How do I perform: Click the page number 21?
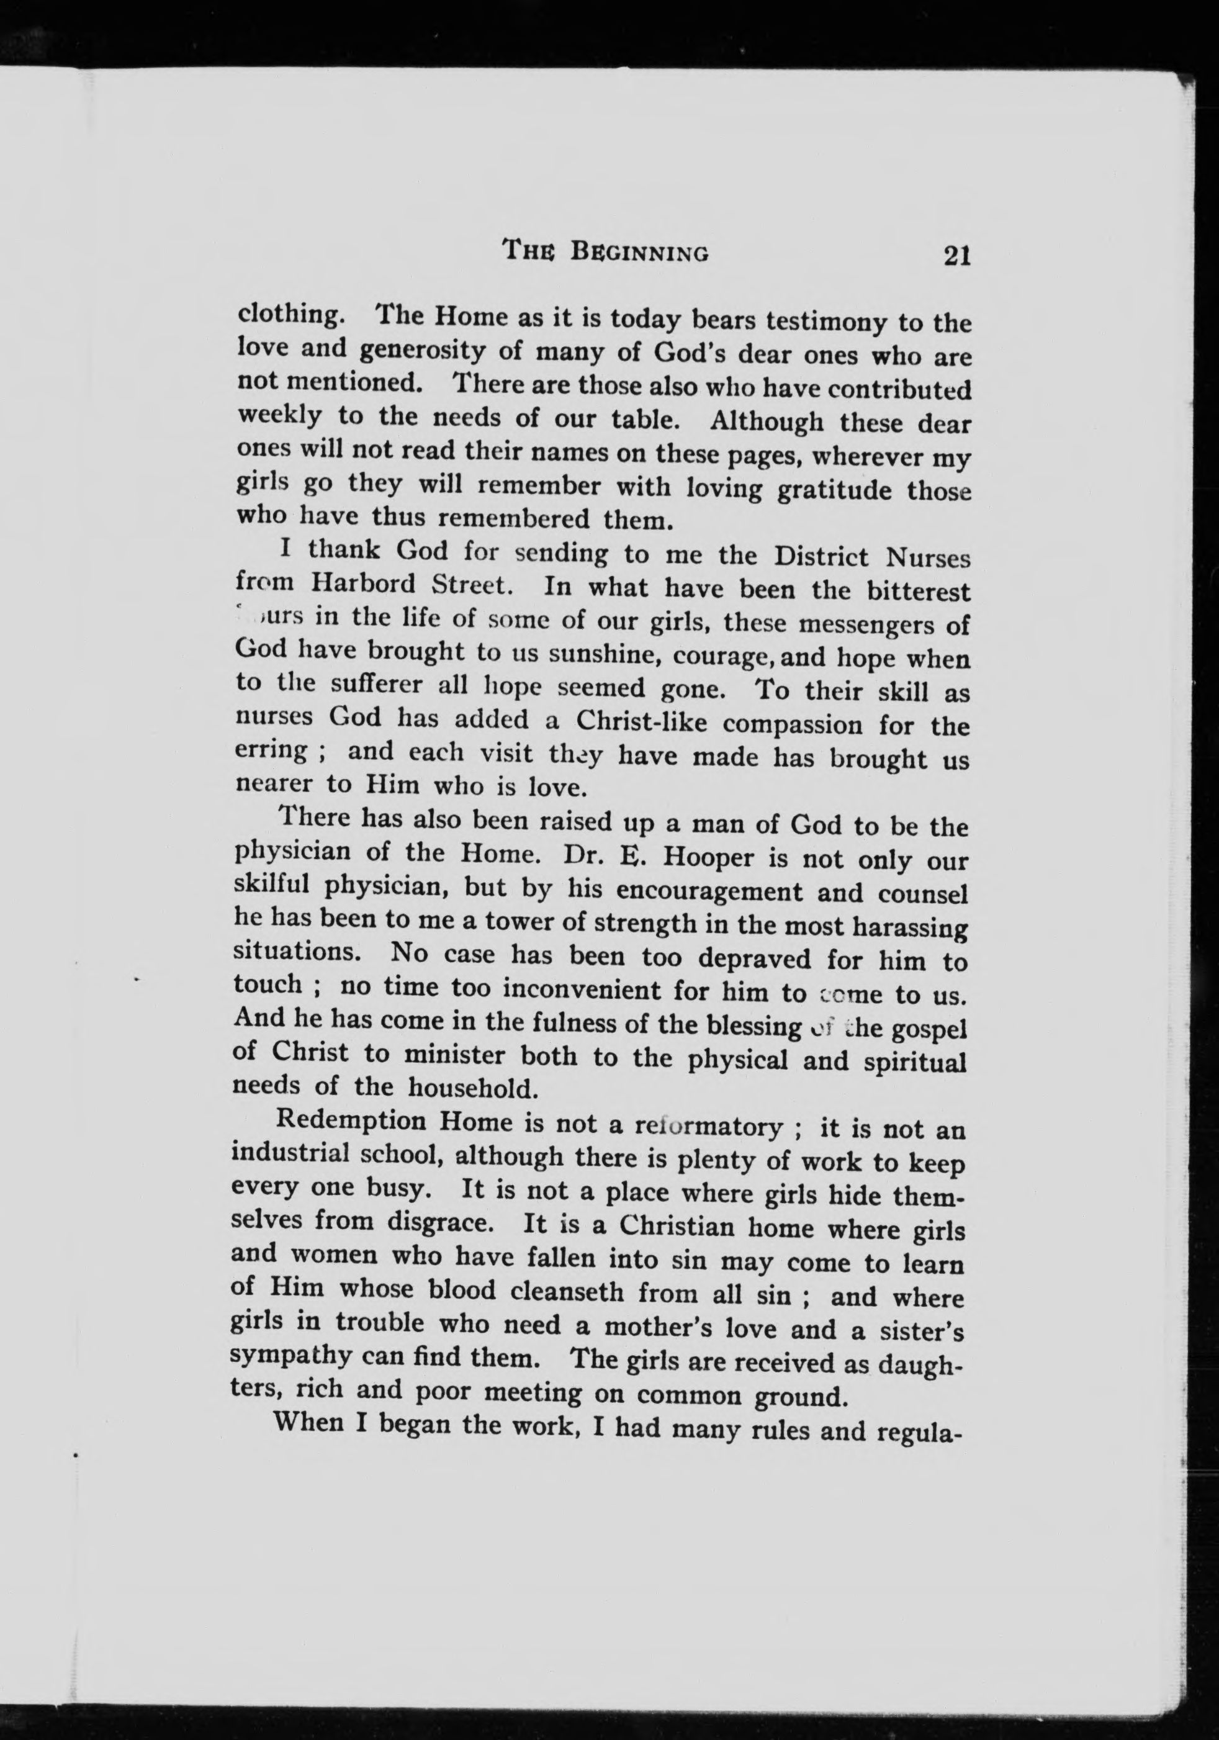[x=957, y=256]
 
